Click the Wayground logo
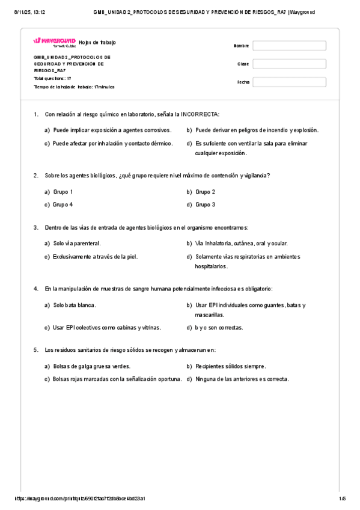[54, 41]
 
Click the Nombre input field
[289, 46]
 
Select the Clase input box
[289, 64]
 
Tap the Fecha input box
[289, 82]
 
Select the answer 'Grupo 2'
[206, 192]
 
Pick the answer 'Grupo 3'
[206, 204]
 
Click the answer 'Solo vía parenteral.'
[77, 244]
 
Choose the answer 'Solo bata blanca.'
[75, 306]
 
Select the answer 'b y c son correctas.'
[219, 328]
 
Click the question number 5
[36, 349]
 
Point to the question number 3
[36, 227]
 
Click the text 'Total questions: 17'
[53, 79]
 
